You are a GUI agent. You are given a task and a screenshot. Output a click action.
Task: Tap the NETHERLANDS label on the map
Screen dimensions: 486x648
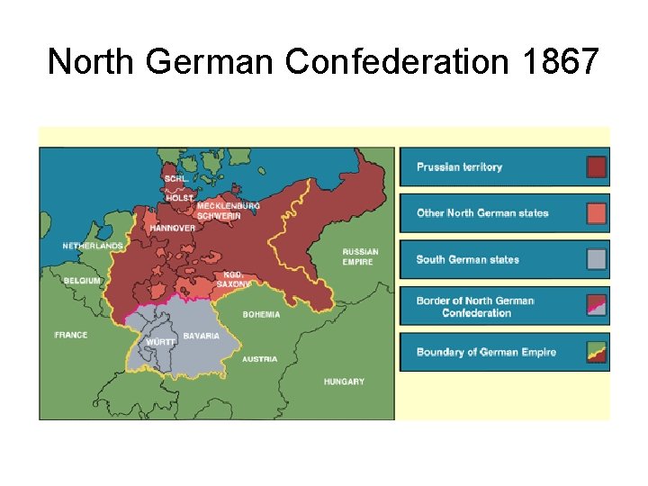tap(93, 246)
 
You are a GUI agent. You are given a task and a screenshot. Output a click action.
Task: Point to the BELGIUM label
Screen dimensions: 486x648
tap(82, 281)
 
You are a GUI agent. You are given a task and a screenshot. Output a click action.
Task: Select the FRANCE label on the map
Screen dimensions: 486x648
tap(71, 335)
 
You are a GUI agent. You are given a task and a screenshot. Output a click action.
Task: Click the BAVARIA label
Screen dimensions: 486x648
tap(201, 336)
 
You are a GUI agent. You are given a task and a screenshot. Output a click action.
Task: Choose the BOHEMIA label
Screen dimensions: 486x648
tap(261, 315)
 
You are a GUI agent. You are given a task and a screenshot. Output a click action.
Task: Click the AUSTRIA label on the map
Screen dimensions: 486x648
tap(260, 359)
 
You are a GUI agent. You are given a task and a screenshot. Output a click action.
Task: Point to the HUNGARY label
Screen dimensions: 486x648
tap(344, 382)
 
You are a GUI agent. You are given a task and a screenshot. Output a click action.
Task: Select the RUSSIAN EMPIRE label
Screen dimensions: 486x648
tap(360, 256)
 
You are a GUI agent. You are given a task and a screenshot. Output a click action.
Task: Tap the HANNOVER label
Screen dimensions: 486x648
tap(172, 228)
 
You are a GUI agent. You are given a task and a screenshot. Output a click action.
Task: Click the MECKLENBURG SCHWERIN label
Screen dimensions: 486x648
tap(228, 211)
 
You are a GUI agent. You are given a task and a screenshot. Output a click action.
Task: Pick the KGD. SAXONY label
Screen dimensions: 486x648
tap(233, 280)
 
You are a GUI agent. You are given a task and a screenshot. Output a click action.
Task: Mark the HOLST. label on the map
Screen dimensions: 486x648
tap(179, 197)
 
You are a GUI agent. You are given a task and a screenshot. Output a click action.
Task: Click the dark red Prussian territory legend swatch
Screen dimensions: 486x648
tap(596, 167)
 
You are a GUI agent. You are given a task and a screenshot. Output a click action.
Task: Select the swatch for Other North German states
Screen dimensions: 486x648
tap(596, 213)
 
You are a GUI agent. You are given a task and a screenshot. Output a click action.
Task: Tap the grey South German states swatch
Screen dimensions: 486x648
tap(596, 260)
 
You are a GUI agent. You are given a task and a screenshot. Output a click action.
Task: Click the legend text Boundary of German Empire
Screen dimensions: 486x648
tap(486, 352)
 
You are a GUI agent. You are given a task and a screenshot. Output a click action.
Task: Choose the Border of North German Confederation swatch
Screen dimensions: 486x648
tap(596, 307)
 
